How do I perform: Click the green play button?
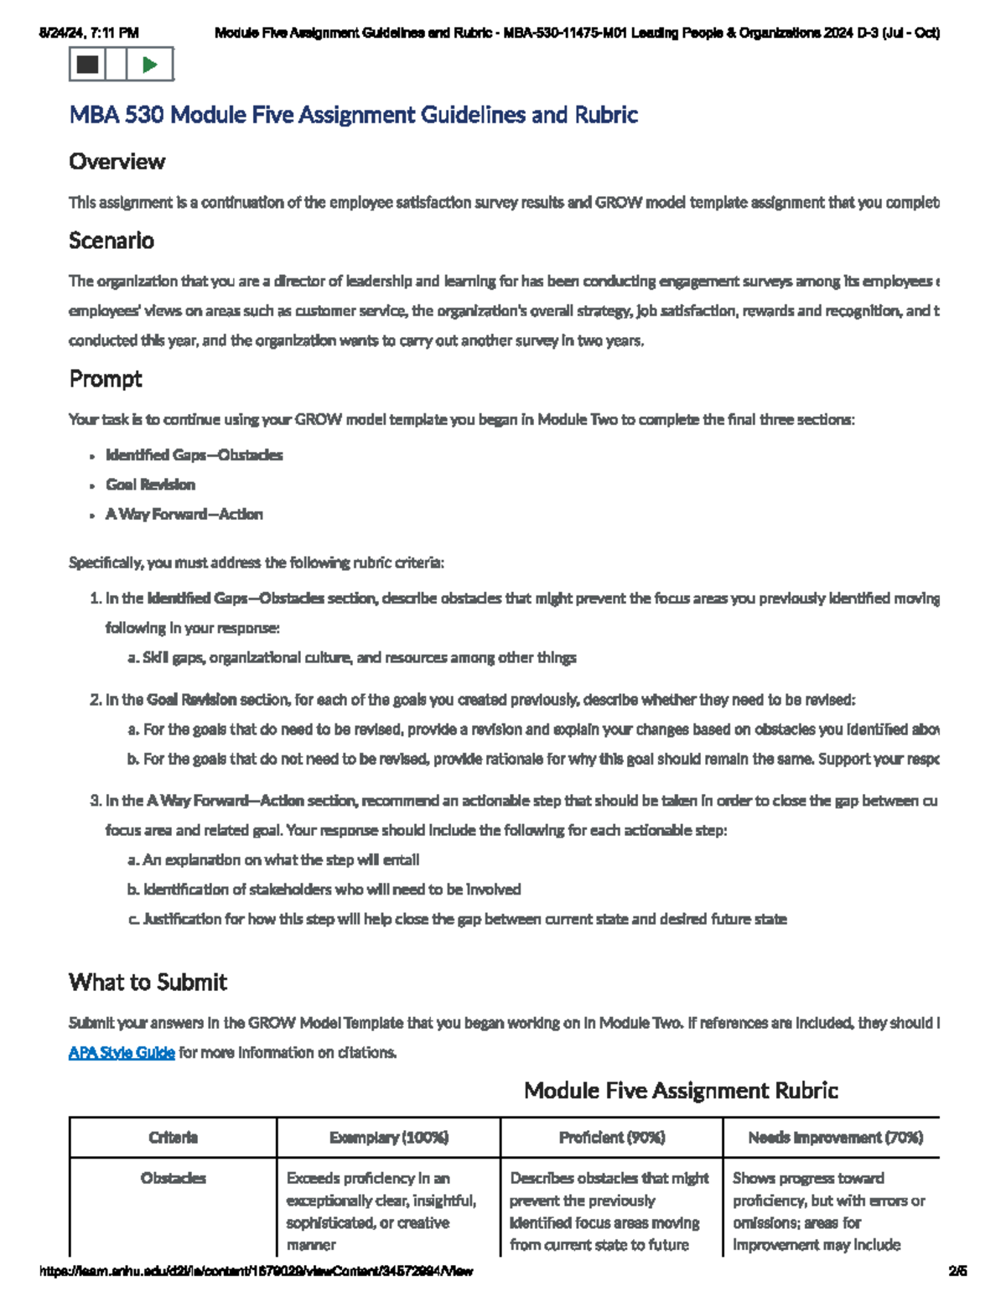point(150,65)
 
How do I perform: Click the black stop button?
point(87,65)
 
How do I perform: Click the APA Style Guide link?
point(122,1052)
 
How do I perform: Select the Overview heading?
point(117,161)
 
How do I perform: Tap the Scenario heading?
point(111,241)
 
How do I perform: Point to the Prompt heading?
point(106,379)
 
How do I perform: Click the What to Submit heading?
point(148,982)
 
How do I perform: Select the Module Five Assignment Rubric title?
point(681,1090)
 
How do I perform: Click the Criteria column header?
point(173,1137)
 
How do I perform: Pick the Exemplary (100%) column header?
point(389,1137)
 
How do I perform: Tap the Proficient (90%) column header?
point(612,1137)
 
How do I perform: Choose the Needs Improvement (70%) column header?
point(835,1137)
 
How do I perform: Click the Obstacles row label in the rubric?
point(173,1178)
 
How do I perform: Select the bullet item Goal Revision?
point(150,485)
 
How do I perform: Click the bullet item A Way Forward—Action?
point(184,514)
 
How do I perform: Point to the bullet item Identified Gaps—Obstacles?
point(194,455)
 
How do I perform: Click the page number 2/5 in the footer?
point(957,1271)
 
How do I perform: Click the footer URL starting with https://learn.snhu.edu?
point(257,1271)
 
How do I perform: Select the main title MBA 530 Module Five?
point(353,115)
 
